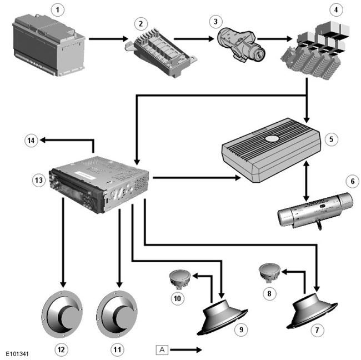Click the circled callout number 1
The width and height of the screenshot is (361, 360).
coord(54,9)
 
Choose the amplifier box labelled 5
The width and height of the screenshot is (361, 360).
coord(272,151)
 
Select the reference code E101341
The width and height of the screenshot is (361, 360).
coord(18,353)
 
